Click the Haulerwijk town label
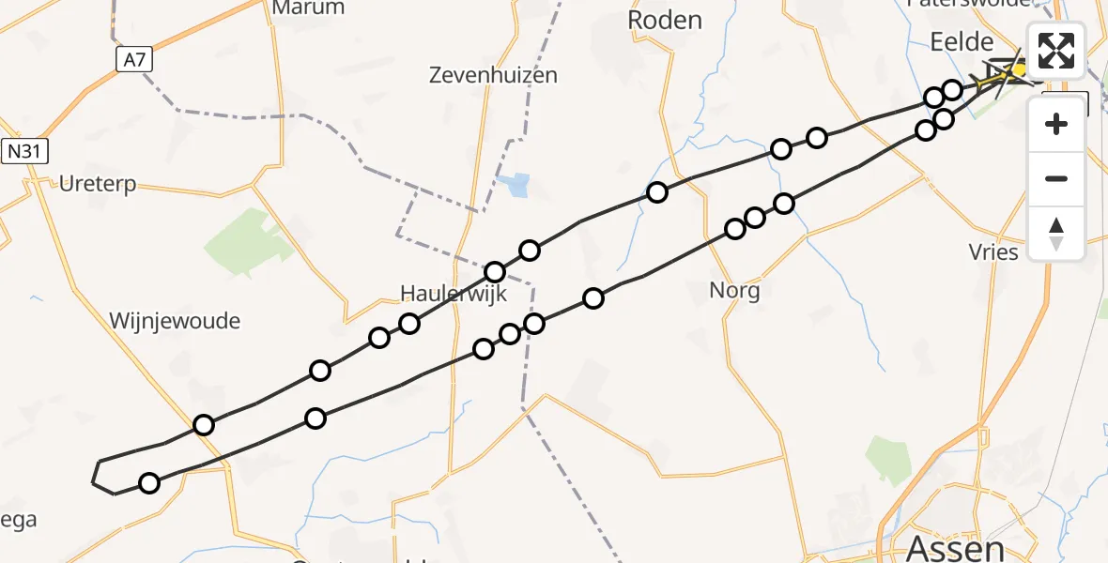point(454,294)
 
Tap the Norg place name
point(734,290)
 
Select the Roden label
point(664,20)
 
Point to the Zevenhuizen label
point(493,75)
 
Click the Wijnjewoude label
point(175,321)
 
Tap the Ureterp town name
point(98,184)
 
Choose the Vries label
point(993,251)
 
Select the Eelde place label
point(961,41)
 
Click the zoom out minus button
point(1056,178)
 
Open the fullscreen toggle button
point(1056,51)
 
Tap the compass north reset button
point(1056,233)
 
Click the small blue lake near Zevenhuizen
point(516,185)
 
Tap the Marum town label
point(307,8)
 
